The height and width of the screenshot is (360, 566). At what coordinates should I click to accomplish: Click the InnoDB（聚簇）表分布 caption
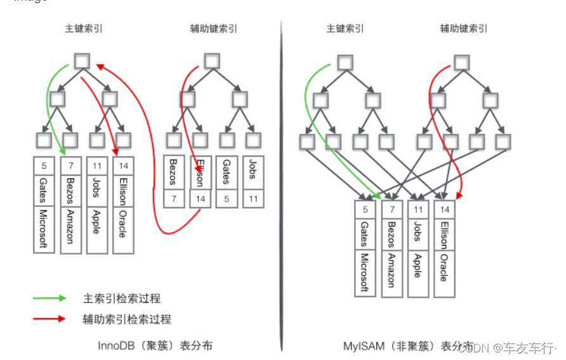click(x=155, y=345)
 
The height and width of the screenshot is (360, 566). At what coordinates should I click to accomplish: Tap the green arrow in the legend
click(x=50, y=298)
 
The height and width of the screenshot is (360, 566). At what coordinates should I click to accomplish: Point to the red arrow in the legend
click(x=50, y=319)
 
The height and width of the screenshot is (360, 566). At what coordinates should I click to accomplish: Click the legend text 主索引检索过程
click(x=121, y=298)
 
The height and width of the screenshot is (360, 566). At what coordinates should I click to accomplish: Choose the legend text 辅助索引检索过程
click(x=126, y=319)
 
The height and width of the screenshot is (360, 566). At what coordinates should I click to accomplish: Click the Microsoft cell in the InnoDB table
click(x=44, y=229)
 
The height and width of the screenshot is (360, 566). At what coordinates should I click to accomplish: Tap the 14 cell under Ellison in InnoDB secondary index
click(x=200, y=198)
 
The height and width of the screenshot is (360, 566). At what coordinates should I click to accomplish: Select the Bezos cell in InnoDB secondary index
click(x=174, y=172)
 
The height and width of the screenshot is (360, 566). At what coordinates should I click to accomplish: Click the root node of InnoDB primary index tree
click(x=82, y=60)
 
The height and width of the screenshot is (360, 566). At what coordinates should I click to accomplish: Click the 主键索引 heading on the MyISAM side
click(x=345, y=29)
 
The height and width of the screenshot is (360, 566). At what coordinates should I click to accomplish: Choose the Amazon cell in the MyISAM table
click(x=391, y=270)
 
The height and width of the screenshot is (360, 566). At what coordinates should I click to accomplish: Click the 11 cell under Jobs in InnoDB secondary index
click(x=252, y=198)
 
